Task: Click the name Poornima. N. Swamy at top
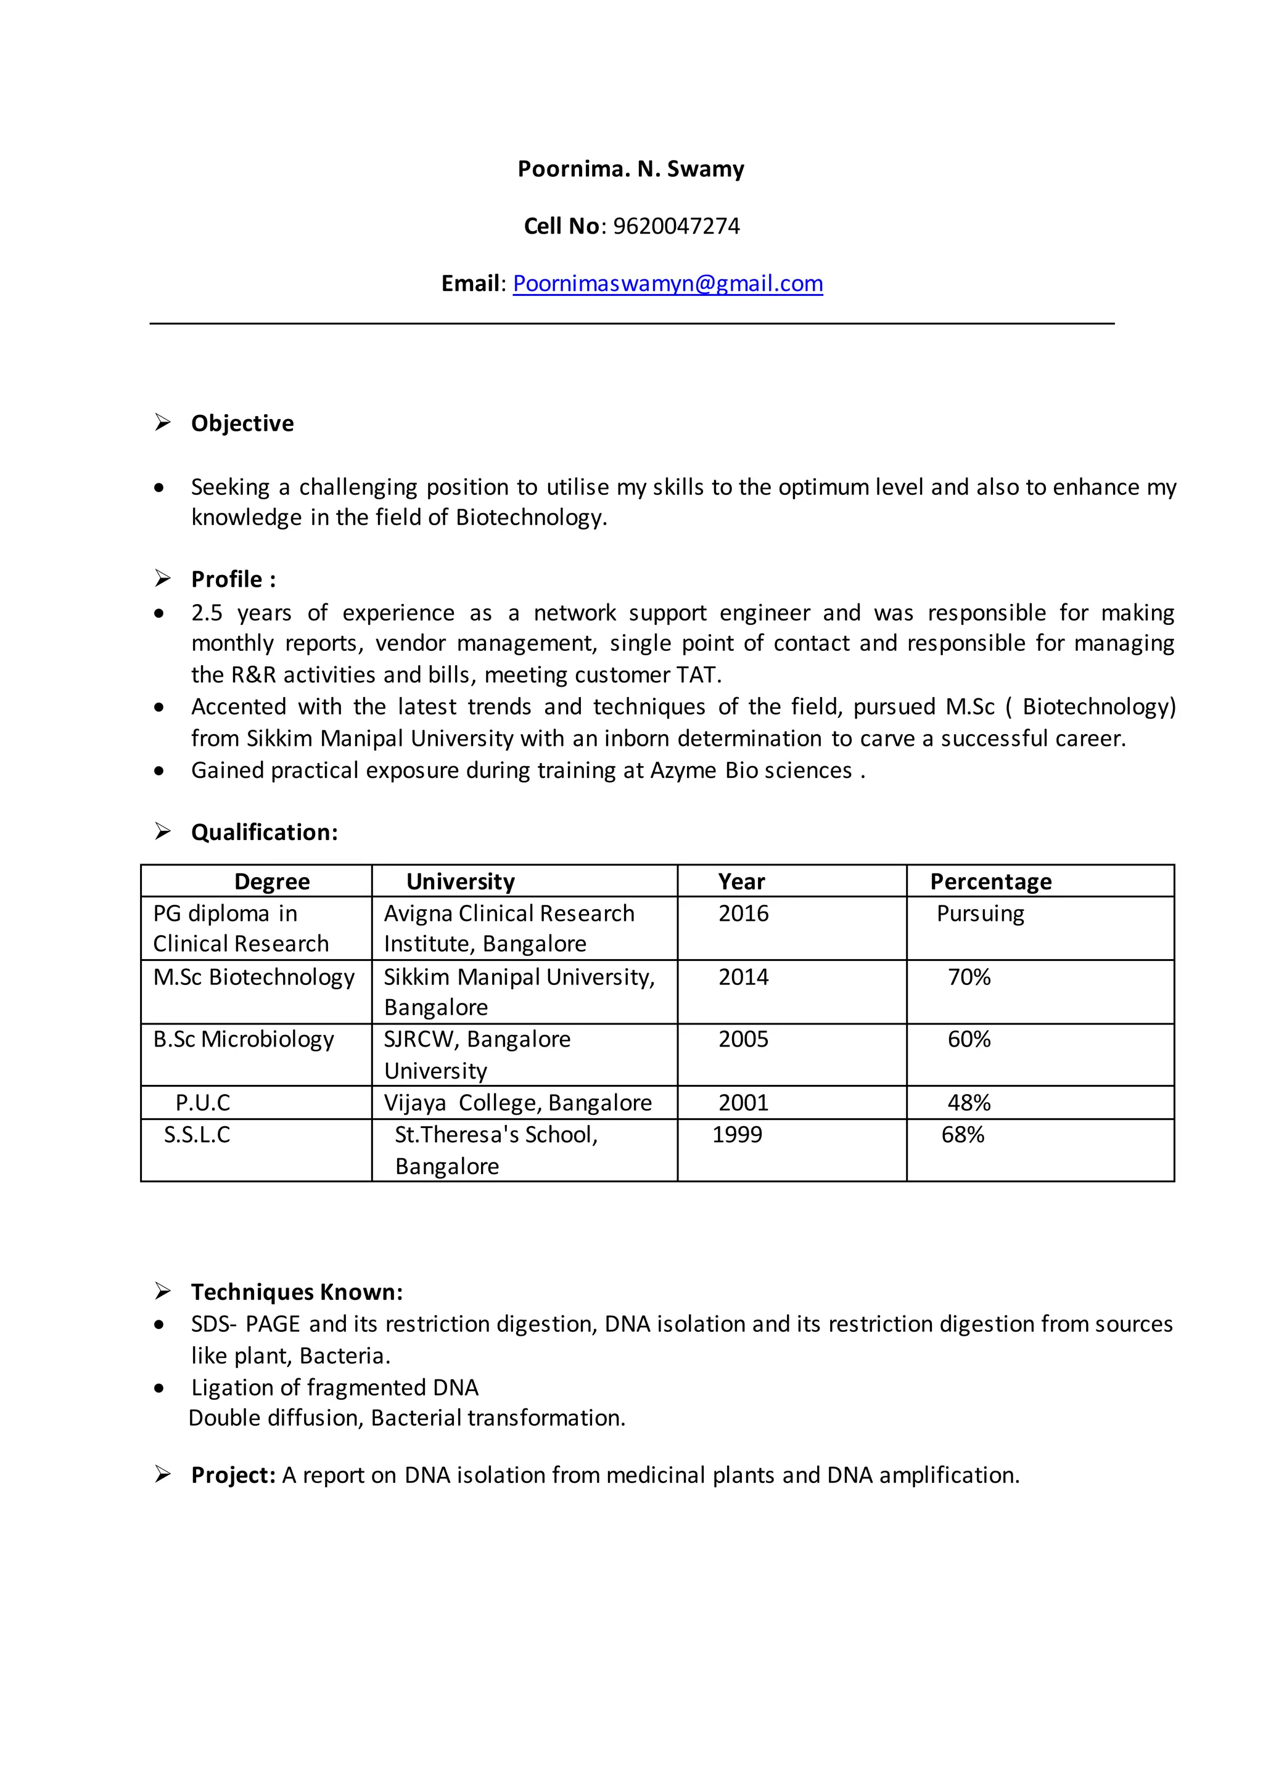(631, 169)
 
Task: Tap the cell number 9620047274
(676, 226)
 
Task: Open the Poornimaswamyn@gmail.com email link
(667, 284)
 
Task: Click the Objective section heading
(242, 423)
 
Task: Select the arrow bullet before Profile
(163, 578)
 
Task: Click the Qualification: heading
(265, 833)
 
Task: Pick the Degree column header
(271, 881)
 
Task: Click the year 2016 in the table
(743, 913)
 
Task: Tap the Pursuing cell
(980, 913)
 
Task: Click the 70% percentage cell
(968, 977)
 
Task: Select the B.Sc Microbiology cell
(244, 1039)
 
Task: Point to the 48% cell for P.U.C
(968, 1103)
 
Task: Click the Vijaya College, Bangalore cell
(517, 1103)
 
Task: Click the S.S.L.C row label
(197, 1135)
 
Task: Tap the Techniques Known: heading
(296, 1292)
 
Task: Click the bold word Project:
(233, 1476)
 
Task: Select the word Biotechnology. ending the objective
(531, 518)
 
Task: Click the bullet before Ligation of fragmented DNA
(160, 1389)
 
